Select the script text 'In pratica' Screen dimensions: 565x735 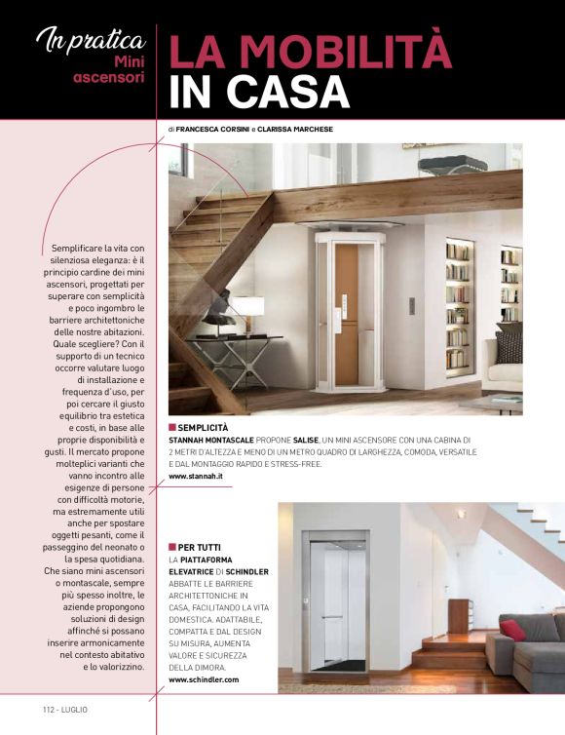pos(90,40)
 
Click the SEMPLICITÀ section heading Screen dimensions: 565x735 pos(205,428)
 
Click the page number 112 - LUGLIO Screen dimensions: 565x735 pos(64,709)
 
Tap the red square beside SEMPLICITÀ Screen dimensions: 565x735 pos(172,428)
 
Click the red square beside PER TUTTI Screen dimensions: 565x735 pos(172,547)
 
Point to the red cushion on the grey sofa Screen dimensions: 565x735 pos(512,630)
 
